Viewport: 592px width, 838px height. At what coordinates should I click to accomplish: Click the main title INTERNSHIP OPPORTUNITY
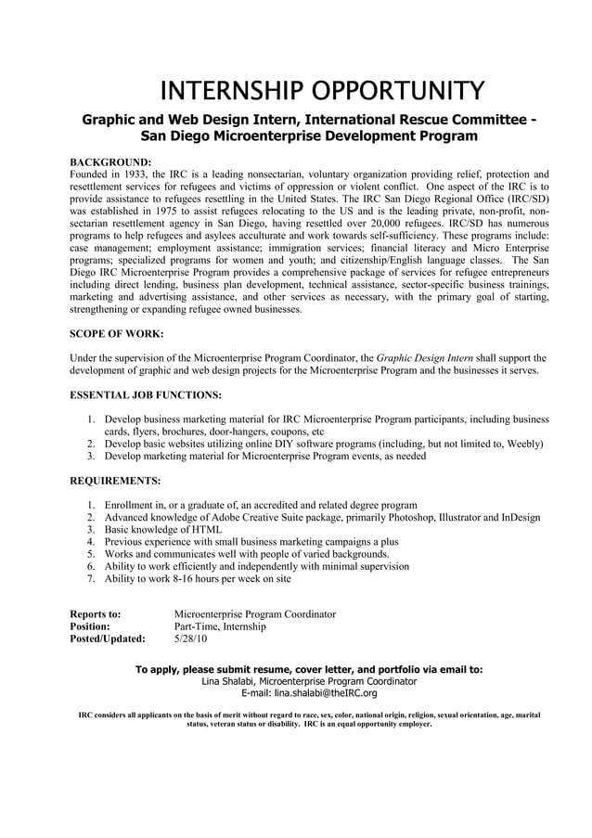coord(322,91)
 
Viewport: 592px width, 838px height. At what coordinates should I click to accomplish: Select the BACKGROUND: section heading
coord(110,161)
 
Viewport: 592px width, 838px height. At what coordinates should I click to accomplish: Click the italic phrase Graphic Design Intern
coord(429,357)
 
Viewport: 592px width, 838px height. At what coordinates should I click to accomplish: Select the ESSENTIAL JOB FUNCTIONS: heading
coord(146,394)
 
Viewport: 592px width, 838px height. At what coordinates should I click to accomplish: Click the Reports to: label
coord(96,614)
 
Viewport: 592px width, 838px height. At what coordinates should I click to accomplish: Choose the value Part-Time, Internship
coord(220,626)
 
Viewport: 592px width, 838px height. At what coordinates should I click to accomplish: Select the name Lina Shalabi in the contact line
coord(229,680)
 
